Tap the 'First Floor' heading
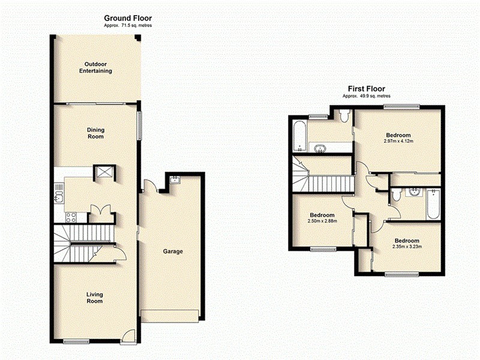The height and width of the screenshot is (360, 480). [x=367, y=89]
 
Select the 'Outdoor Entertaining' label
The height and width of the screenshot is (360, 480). [x=95, y=67]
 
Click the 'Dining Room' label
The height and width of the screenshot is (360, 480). [x=95, y=133]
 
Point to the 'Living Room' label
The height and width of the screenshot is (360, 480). [x=94, y=297]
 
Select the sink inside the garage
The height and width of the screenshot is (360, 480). [x=174, y=179]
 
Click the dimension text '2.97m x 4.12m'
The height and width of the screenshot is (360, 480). [x=399, y=141]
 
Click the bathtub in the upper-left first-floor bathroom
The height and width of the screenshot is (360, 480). [x=298, y=136]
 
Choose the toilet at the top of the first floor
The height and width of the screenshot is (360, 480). [x=344, y=115]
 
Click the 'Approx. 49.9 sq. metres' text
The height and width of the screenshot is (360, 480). [x=367, y=96]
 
